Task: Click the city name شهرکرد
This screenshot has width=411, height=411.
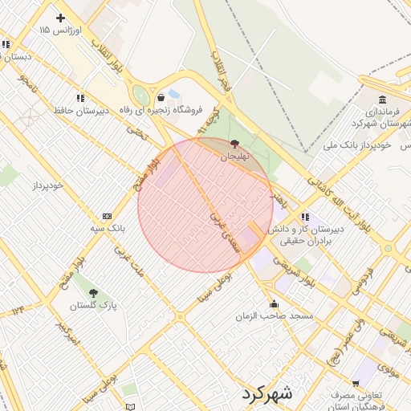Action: click(268, 394)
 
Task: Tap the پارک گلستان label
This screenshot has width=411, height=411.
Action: click(93, 306)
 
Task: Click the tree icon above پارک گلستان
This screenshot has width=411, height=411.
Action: click(93, 293)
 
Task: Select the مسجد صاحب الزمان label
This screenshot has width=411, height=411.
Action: click(262, 316)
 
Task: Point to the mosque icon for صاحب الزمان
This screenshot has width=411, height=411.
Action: click(275, 303)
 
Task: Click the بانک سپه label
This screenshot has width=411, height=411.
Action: click(107, 229)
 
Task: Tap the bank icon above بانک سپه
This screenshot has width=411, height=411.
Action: click(107, 216)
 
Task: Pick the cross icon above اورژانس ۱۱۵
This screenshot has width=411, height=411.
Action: click(60, 17)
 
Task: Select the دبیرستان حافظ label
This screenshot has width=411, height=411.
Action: click(81, 110)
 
